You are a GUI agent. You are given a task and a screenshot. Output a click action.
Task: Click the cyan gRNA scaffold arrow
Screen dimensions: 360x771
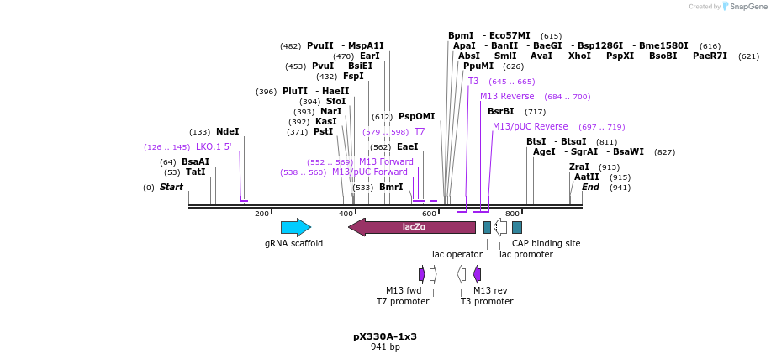coord(295,227)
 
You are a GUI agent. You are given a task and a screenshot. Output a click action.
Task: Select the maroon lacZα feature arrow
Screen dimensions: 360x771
coord(412,227)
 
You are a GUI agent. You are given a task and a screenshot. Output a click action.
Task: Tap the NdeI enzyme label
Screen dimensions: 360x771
coord(228,132)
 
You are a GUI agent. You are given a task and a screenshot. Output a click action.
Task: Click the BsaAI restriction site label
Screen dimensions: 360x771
coord(195,162)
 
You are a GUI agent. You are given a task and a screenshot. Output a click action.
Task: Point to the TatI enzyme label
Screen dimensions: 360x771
coord(196,172)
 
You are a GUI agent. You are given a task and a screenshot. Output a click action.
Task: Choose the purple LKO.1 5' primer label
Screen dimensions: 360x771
coord(214,147)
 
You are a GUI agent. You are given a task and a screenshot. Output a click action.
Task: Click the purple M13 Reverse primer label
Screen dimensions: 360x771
coord(507,97)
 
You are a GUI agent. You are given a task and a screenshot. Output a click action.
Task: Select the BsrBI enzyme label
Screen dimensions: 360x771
coord(500,112)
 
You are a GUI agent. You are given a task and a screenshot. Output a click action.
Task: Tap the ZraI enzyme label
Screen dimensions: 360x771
coord(579,167)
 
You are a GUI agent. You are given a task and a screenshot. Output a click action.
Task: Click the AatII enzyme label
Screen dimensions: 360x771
coord(587,177)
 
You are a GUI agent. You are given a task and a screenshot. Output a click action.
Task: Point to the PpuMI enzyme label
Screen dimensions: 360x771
coord(478,66)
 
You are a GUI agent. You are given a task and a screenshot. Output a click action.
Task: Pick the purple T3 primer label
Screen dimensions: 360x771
coord(473,82)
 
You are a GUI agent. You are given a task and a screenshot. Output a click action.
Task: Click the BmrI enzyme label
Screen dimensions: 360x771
coord(391,188)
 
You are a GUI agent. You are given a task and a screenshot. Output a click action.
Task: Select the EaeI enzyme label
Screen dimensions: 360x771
coord(408,147)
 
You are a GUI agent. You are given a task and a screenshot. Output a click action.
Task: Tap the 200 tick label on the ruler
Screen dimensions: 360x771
coord(261,214)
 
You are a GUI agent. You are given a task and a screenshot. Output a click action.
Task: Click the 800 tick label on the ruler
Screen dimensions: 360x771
coord(512,214)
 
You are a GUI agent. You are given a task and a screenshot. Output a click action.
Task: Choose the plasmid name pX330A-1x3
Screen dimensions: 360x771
coord(385,336)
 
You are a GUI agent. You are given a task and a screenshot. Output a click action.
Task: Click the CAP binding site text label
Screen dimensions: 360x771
coord(546,243)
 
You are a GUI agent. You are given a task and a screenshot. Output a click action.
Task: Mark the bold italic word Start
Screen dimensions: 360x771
coord(172,188)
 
